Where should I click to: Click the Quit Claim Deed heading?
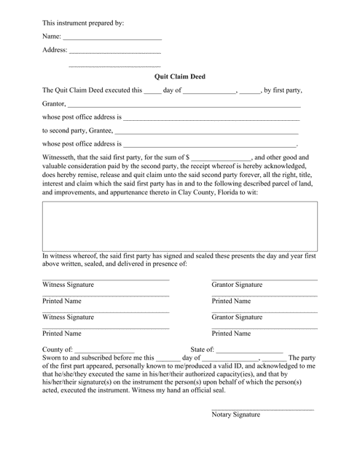[179, 75]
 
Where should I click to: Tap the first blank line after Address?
[114, 53]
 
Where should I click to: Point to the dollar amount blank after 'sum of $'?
[222, 158]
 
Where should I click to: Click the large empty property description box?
[179, 226]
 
